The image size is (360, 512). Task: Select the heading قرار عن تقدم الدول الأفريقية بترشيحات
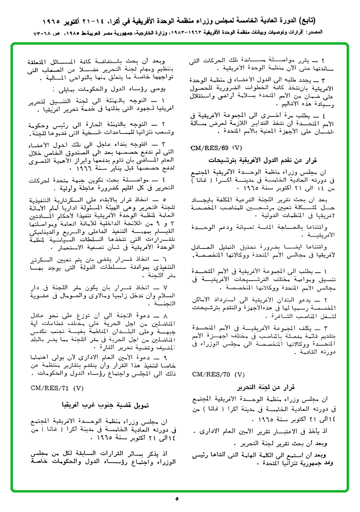[x=256, y=161]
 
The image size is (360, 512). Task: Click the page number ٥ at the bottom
[x=177, y=499]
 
